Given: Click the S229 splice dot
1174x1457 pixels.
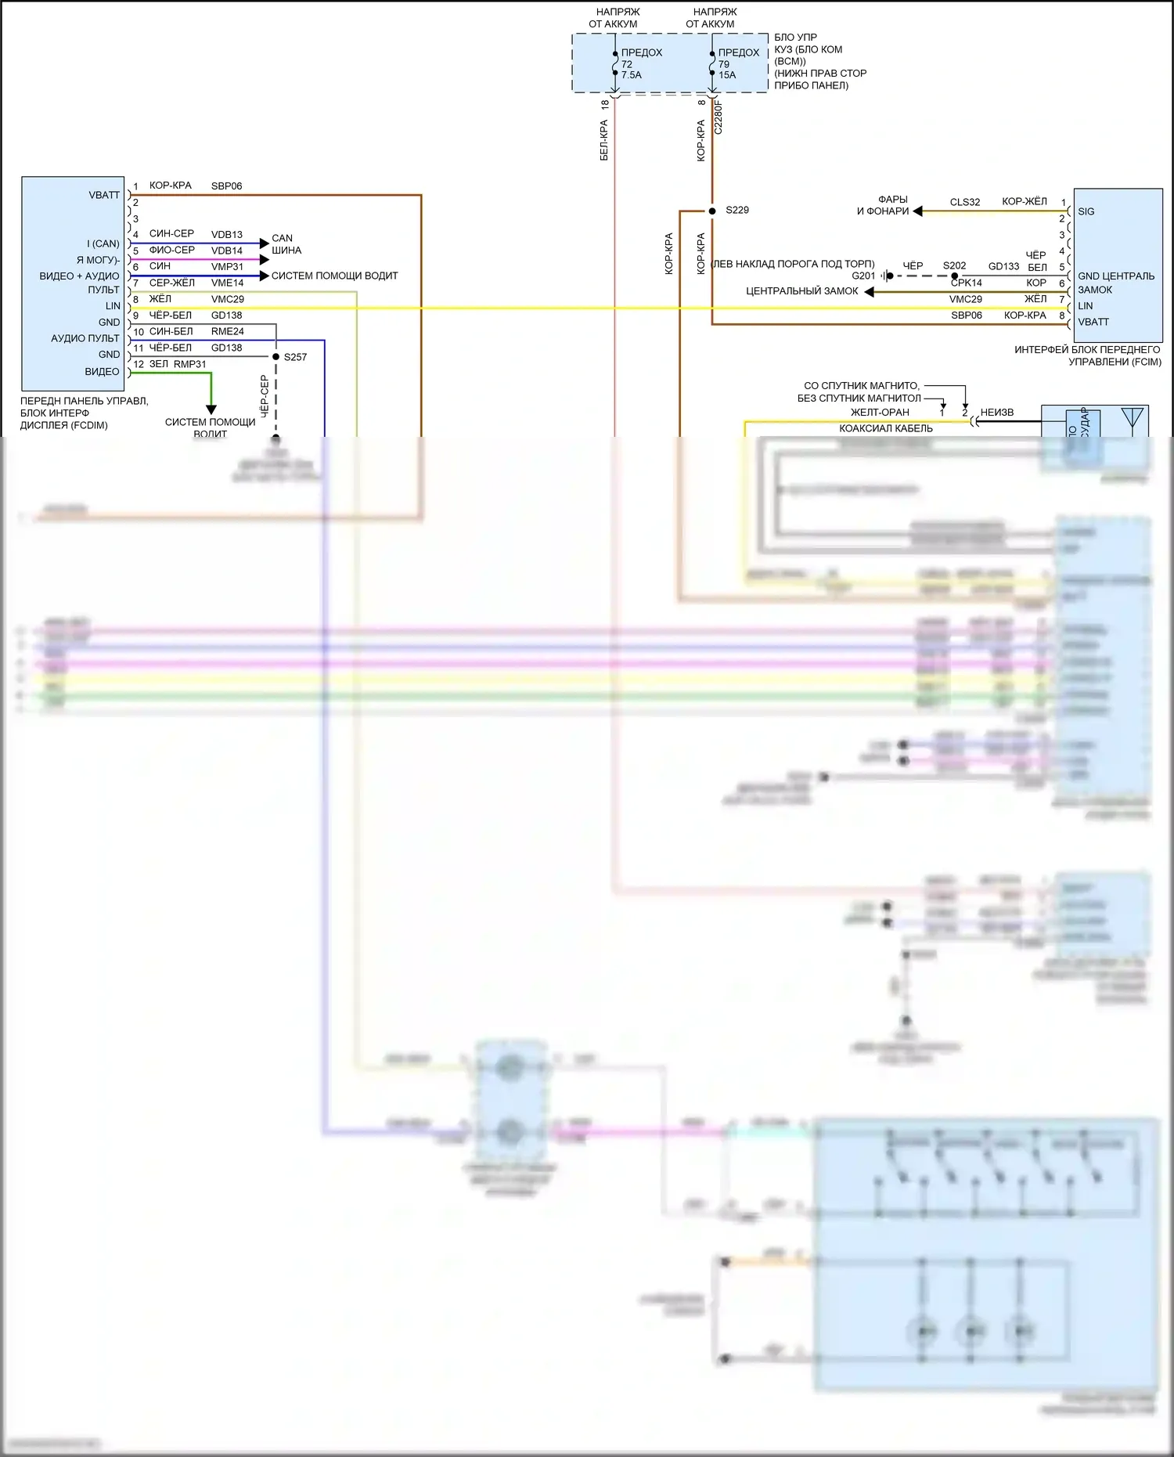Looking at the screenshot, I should click(712, 211).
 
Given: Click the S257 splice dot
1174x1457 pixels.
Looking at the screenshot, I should click(275, 357).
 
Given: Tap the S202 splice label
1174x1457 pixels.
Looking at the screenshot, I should click(954, 265).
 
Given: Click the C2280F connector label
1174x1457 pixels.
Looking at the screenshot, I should click(718, 117).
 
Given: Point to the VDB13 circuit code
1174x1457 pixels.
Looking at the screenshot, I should click(227, 234).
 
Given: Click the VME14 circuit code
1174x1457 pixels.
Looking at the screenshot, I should click(227, 283).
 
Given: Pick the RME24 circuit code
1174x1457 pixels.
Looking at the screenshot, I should click(227, 331).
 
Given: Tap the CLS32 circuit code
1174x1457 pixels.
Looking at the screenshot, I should click(965, 202).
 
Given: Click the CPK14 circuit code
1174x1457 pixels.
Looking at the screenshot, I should click(967, 283).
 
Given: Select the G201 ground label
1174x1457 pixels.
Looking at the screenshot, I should click(863, 276).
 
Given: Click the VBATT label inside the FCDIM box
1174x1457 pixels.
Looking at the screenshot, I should click(104, 195).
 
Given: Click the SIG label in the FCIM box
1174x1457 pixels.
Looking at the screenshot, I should click(1086, 211).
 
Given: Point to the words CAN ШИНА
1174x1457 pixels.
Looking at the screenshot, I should click(286, 244).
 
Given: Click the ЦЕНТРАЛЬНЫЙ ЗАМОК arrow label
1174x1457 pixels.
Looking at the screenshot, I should click(801, 291).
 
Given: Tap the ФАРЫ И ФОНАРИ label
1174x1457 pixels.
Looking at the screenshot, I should click(884, 205).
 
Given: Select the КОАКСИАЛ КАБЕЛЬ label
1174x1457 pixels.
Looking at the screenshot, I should click(886, 428).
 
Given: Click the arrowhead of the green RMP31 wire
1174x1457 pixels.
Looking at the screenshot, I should click(211, 409).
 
